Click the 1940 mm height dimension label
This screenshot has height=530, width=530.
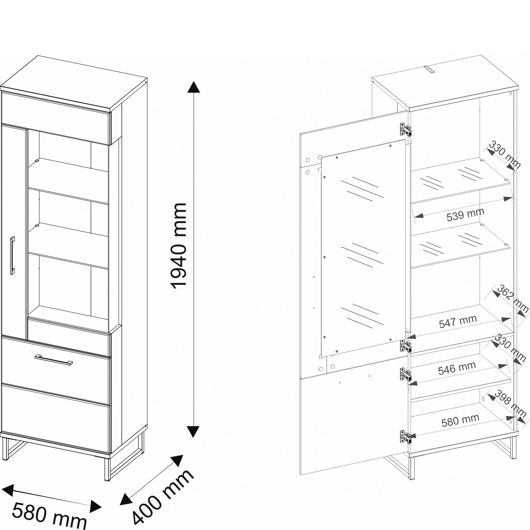[179, 246]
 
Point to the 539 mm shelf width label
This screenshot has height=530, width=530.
[466, 215]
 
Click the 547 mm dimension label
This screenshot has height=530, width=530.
[458, 321]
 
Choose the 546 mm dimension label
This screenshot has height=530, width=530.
[457, 368]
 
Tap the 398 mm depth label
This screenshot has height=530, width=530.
[510, 404]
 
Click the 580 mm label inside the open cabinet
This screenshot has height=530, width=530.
[460, 420]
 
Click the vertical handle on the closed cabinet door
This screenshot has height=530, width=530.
[12, 255]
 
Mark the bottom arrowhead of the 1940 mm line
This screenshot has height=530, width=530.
[194, 432]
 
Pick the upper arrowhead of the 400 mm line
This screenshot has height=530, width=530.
[177, 461]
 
